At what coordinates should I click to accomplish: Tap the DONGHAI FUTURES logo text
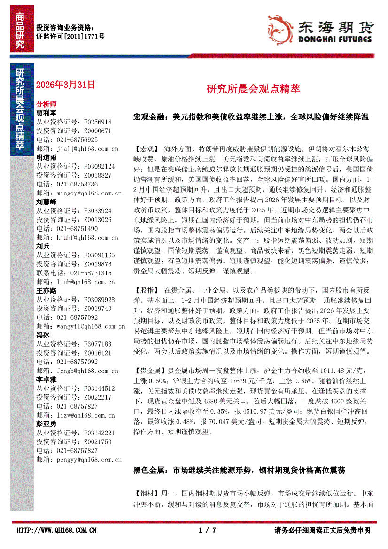pyautogui.click(x=334, y=39)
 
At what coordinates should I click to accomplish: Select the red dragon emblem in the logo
pyautogui.click(x=279, y=28)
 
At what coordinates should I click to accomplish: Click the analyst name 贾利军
pyautogui.click(x=46, y=113)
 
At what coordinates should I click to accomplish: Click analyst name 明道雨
pyautogui.click(x=46, y=157)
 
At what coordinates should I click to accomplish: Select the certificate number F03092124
pyautogui.click(x=98, y=166)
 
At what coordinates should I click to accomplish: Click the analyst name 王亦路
pyautogui.click(x=46, y=291)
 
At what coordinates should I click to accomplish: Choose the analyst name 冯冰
pyautogui.click(x=43, y=335)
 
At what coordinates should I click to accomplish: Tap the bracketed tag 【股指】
pyautogui.click(x=147, y=290)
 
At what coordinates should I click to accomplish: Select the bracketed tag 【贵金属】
pyautogui.click(x=150, y=371)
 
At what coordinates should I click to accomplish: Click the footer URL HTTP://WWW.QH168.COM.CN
pyautogui.click(x=57, y=530)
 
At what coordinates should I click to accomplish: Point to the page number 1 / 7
pyautogui.click(x=207, y=530)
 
